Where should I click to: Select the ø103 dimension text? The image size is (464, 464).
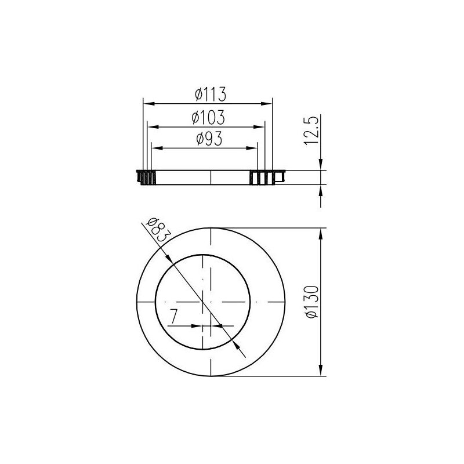pos(208,117)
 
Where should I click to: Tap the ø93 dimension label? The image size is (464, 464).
pos(207,139)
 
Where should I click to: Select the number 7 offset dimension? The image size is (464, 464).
pos(173,317)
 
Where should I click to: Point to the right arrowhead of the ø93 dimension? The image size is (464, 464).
pos(253,148)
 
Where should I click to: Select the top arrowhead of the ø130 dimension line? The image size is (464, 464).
pos(321,233)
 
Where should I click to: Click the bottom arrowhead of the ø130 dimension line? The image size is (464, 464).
pos(321,371)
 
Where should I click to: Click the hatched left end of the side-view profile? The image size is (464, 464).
pos(146,177)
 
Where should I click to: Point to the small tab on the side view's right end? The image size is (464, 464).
pos(280,176)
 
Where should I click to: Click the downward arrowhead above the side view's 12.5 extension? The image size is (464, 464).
pos(321,165)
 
